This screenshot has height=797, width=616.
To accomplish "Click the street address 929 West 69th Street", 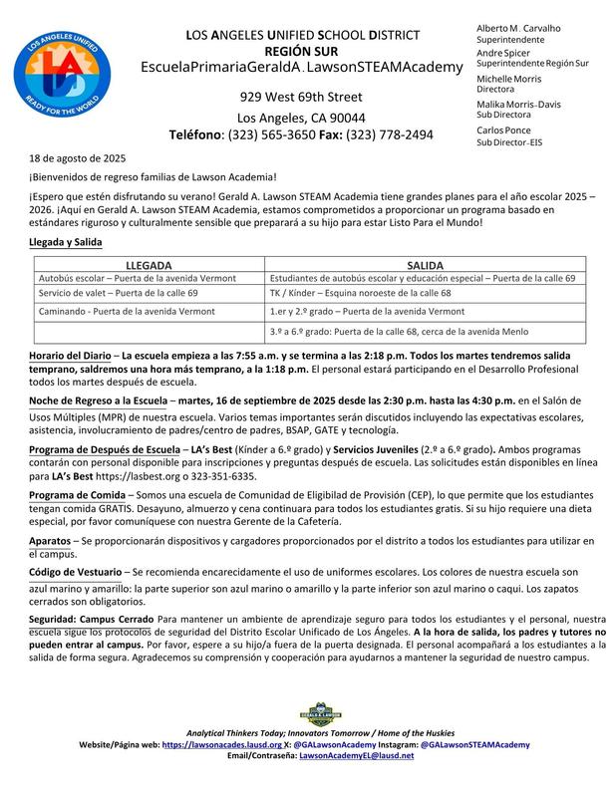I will coord(299,97).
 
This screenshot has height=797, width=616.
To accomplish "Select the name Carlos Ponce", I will coord(503,131).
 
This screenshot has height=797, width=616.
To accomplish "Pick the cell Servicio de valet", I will coord(110,295).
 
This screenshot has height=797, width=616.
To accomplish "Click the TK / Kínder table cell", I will coord(372,295).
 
